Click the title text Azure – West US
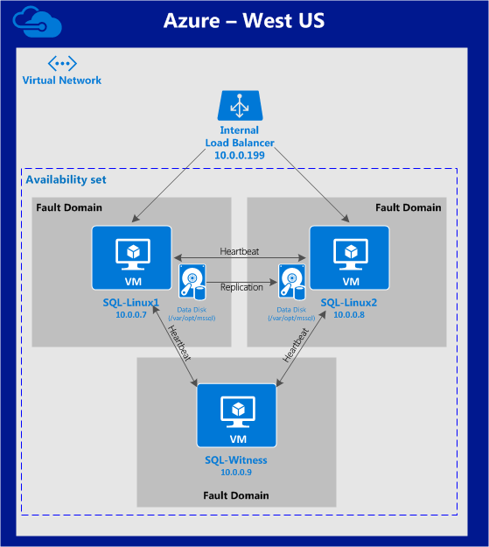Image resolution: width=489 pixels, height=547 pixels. point(244,20)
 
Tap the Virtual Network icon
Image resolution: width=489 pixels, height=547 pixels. point(62,64)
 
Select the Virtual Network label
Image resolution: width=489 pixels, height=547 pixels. point(62,81)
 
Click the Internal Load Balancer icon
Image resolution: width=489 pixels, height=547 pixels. point(239,105)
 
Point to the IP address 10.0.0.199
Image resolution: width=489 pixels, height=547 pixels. point(240,154)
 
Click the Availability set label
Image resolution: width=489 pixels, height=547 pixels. point(66,179)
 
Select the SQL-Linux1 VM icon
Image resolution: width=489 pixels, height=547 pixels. point(132,257)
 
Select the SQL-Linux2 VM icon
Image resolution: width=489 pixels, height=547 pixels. point(350,257)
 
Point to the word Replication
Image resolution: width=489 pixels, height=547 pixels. point(241,287)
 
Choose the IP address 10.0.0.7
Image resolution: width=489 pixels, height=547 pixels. point(131,314)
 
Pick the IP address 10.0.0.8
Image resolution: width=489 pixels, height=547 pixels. point(350,314)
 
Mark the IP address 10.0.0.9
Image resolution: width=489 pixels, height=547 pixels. point(237,472)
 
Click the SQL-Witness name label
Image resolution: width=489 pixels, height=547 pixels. point(237,459)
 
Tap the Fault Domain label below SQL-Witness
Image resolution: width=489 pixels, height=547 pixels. point(237,495)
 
